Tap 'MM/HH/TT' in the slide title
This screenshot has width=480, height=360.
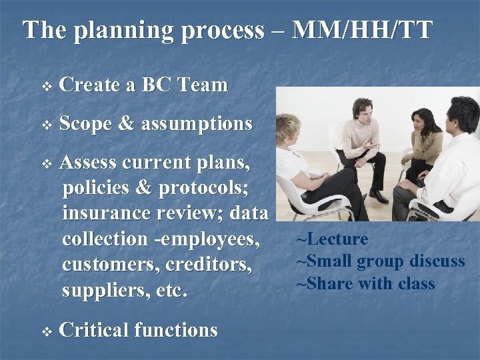(x=363, y=30)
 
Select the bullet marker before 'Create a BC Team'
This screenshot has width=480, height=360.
(x=45, y=86)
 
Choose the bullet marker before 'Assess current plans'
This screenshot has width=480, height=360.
(x=45, y=163)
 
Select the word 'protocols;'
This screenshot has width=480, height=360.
(x=203, y=188)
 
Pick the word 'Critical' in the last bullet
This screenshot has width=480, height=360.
(x=93, y=330)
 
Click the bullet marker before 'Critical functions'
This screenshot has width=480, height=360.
(x=45, y=331)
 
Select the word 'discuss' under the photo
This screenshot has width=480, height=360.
(x=436, y=261)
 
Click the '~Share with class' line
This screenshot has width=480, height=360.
(x=365, y=284)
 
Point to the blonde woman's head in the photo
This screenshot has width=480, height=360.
(x=288, y=127)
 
